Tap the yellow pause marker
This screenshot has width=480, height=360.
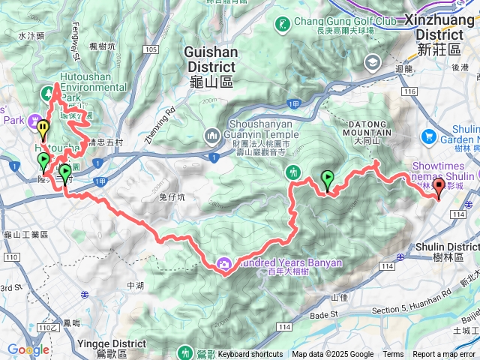pyautogui.click(x=43, y=130)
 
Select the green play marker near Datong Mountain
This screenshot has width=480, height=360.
pyautogui.click(x=327, y=178)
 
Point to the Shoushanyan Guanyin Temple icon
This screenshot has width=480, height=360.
pyautogui.click(x=211, y=135)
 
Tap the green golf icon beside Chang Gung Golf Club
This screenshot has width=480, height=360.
pyautogui.click(x=282, y=25)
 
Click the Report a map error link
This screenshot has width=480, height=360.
pyautogui.click(x=445, y=355)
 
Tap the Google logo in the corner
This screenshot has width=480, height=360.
pyautogui.click(x=28, y=349)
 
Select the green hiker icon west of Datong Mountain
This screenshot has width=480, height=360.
pyautogui.click(x=295, y=173)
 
